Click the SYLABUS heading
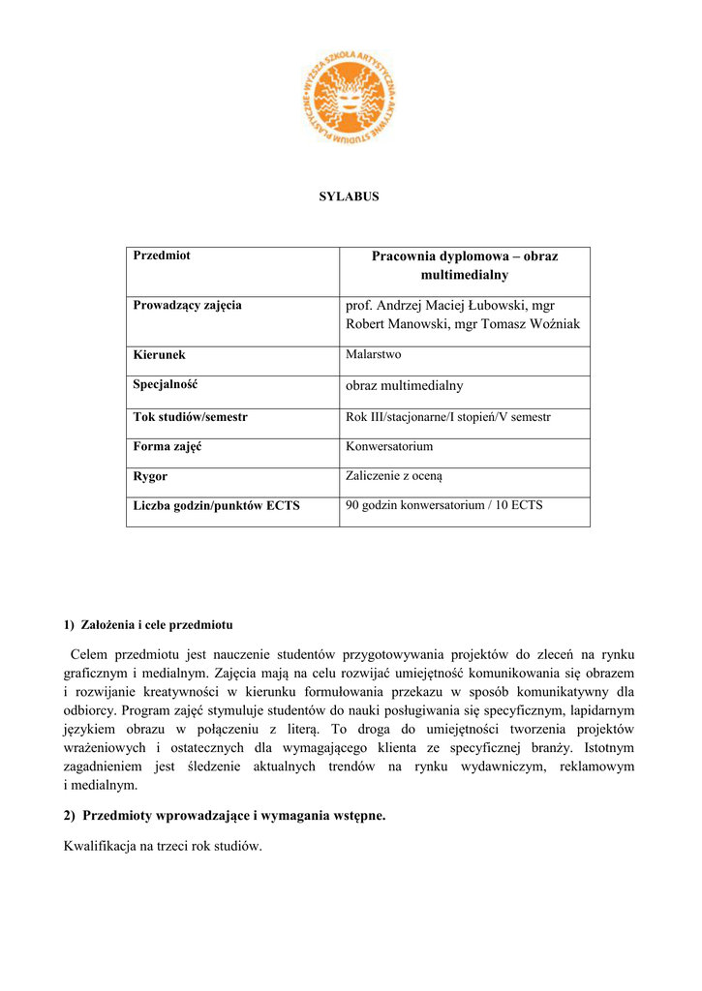coord(350,196)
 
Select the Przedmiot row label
coord(162,255)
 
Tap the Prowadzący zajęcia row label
coord(187,306)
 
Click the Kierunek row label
coord(159,355)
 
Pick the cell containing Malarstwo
coord(373,355)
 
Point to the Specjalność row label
coord(165,385)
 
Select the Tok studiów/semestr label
coord(190,417)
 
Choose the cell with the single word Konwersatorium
coord(389,447)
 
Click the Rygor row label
coord(150,477)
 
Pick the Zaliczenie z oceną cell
coord(394,476)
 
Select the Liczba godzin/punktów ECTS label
coord(216,506)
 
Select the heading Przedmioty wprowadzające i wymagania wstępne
coord(233,816)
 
